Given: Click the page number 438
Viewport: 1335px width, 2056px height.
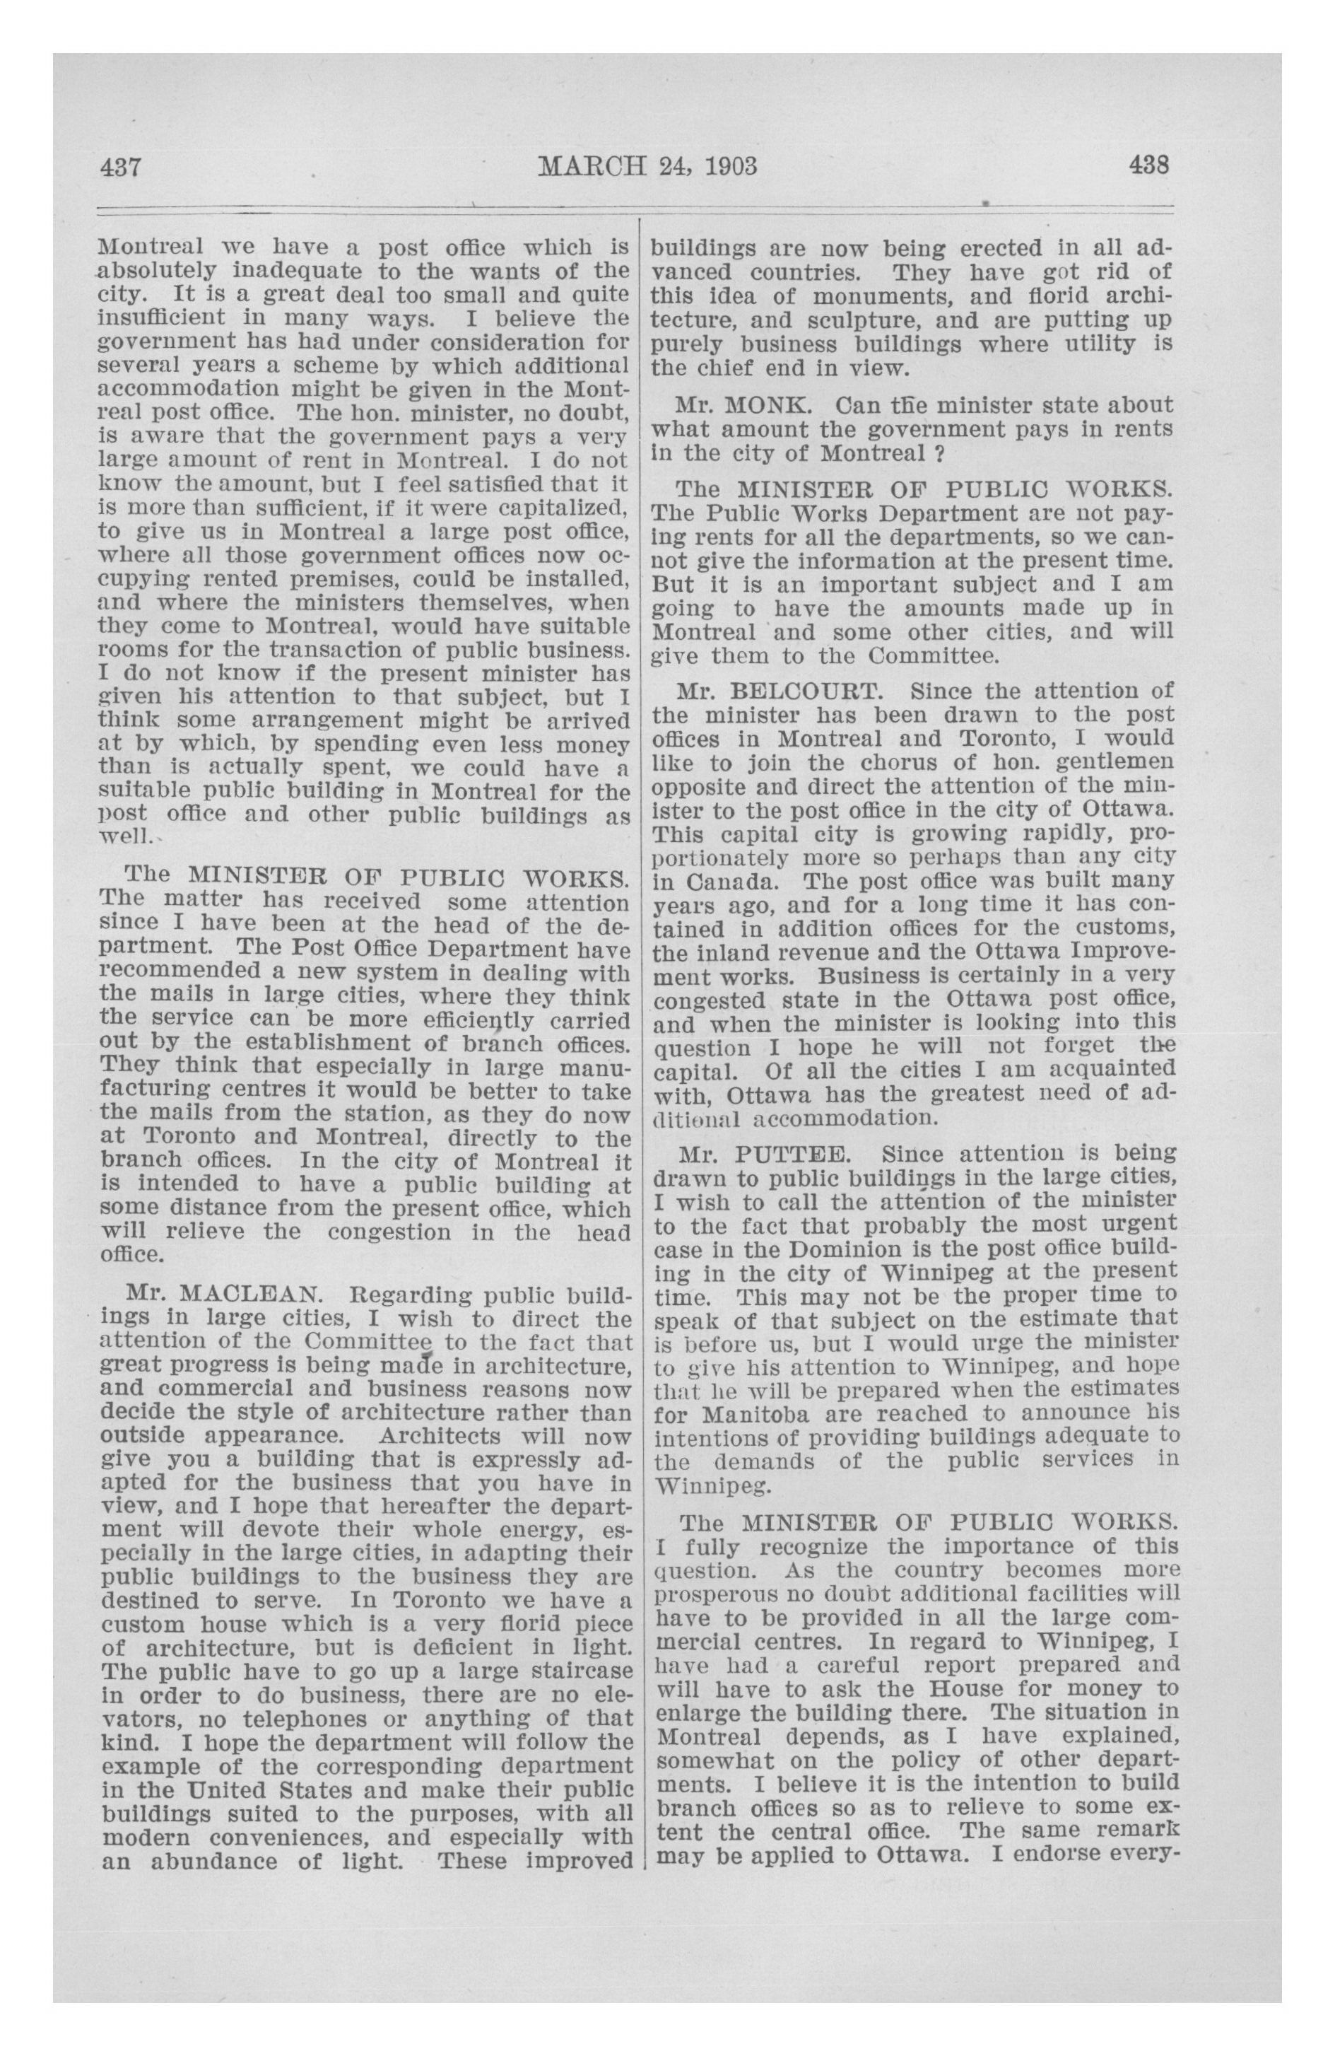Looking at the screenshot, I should (1148, 164).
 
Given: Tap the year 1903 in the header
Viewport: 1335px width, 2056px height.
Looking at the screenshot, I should (728, 164).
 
